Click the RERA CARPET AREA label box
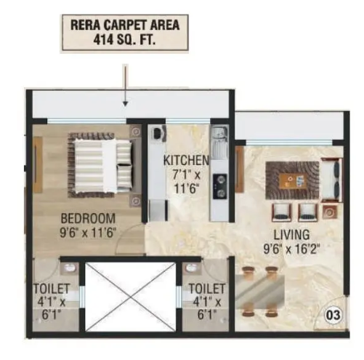125,33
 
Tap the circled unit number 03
333,315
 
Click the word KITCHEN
186,160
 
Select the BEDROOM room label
88,218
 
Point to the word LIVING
291,235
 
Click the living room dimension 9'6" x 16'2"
291,249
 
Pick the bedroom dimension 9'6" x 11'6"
88,233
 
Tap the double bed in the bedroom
100,165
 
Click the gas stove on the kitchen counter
220,186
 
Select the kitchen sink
219,141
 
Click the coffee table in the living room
292,180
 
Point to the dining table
260,291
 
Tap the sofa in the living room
331,180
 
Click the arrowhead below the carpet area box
125,103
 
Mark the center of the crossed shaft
131,297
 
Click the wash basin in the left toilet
70,268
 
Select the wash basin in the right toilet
192,268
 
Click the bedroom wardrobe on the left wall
38,165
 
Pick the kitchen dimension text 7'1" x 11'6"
186,182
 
